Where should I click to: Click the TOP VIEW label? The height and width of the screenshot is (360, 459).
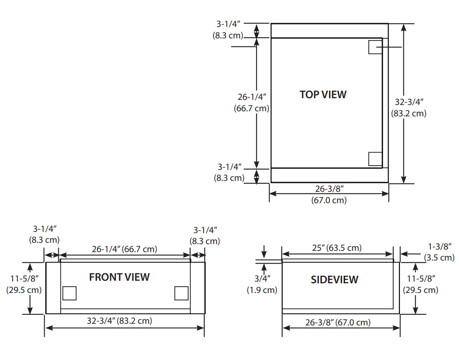pos(323,94)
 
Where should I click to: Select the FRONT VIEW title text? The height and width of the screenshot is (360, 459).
pos(119,277)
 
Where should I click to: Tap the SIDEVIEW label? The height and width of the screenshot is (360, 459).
pos(335,279)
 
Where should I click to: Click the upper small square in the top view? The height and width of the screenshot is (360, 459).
pos(375,47)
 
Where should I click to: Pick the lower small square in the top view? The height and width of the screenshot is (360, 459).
pos(375,159)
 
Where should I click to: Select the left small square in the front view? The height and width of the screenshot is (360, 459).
pos(69,293)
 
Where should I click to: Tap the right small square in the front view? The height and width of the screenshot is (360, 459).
pos(181,293)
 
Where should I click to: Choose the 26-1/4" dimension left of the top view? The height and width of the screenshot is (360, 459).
pos(251,102)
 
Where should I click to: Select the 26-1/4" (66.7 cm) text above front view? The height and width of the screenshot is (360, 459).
pos(124,249)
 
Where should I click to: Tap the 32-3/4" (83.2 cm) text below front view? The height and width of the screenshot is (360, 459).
pos(120,321)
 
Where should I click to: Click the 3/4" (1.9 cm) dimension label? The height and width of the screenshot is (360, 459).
pos(262,284)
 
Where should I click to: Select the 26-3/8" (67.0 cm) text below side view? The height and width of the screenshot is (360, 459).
pos(338,322)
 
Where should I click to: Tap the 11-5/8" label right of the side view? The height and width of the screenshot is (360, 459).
pos(421,284)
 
